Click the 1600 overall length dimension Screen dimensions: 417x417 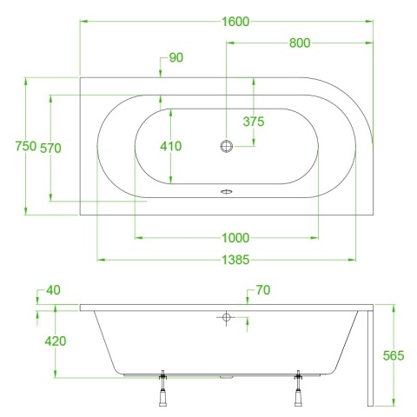click(x=235, y=22)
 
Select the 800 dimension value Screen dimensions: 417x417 click(x=300, y=43)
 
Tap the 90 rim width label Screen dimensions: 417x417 click(x=176, y=57)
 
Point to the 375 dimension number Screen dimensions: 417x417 click(x=254, y=122)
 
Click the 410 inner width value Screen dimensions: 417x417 click(x=171, y=146)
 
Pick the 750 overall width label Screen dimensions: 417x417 click(x=26, y=146)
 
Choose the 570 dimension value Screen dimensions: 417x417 click(x=50, y=149)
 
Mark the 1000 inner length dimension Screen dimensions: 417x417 click(x=235, y=238)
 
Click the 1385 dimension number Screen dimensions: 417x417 click(x=235, y=260)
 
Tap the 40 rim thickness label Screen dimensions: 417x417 click(x=54, y=290)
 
